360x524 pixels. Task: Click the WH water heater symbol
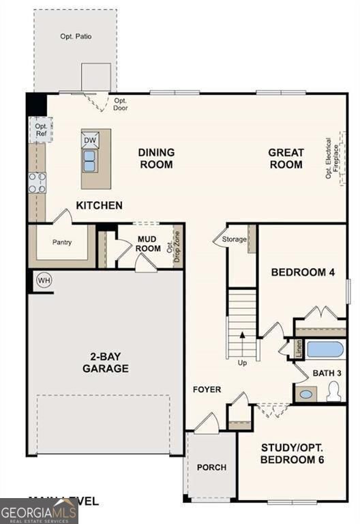click(44, 280)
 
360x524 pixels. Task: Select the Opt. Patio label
click(76, 36)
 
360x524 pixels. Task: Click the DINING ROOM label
click(156, 158)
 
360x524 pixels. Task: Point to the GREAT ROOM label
click(286, 158)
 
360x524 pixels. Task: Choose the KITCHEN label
click(100, 205)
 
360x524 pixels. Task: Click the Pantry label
click(62, 242)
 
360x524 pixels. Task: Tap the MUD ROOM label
click(148, 244)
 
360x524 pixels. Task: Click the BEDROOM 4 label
click(303, 272)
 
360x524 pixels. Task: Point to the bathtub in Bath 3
click(325, 350)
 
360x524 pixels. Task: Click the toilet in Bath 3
click(333, 392)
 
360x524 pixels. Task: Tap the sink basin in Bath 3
click(306, 394)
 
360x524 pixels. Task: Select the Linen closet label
click(299, 349)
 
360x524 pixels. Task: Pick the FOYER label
click(207, 390)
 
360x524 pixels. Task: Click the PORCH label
click(211, 467)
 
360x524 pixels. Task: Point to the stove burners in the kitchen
click(37, 182)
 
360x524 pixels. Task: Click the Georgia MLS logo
click(39, 511)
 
